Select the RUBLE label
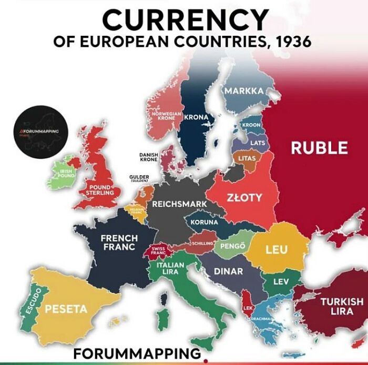click(319, 148)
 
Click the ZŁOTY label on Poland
click(244, 198)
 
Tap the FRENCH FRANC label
click(119, 242)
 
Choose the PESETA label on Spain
click(66, 309)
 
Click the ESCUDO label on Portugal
click(33, 301)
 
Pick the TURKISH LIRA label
click(342, 306)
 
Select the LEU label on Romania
click(276, 249)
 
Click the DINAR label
click(229, 271)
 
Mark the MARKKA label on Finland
click(244, 91)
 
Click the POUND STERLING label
click(100, 190)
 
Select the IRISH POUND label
click(66, 173)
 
